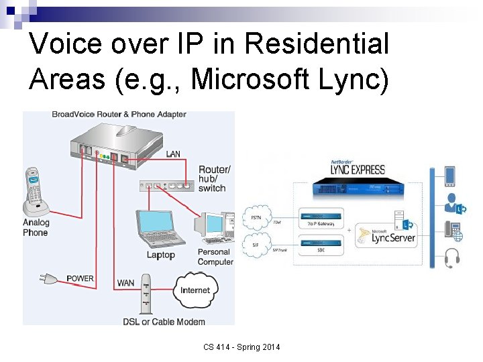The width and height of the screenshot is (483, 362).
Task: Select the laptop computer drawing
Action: (x=161, y=229)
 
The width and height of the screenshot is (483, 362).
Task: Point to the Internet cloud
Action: (x=195, y=290)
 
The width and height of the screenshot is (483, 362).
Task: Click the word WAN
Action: (x=125, y=283)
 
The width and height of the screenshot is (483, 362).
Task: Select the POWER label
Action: (x=80, y=278)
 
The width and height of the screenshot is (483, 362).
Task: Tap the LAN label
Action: (x=173, y=154)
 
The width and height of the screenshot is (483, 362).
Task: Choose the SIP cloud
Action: (x=256, y=245)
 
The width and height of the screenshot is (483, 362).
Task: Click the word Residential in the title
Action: (x=317, y=44)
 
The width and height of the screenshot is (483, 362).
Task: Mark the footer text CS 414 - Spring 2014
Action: (x=242, y=347)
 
